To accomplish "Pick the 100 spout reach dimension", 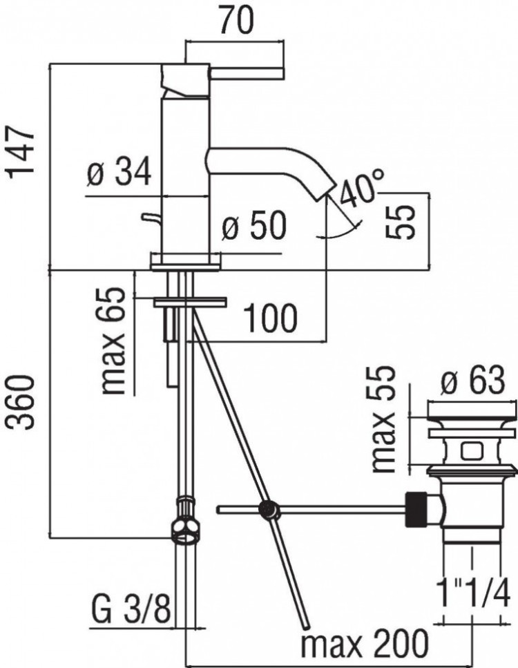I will click(271, 318).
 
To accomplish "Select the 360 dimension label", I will click(21, 403).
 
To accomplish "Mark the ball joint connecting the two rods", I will click(267, 510).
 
